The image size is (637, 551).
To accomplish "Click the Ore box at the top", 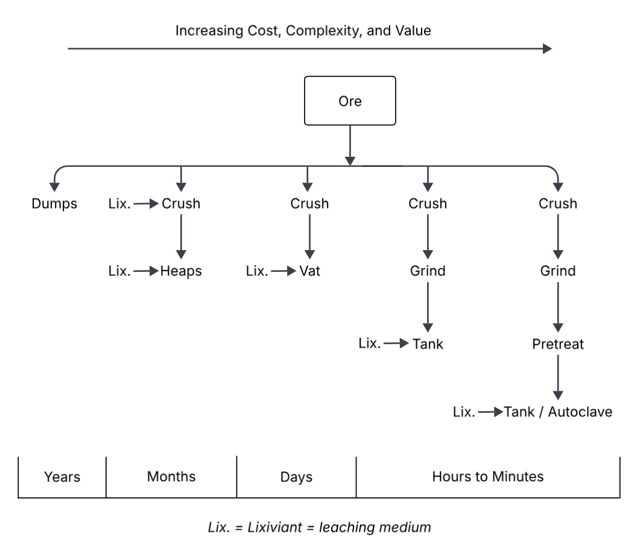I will click(350, 101).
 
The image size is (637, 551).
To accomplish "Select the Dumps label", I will click(54, 204).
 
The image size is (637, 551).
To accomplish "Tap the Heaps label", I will click(181, 271).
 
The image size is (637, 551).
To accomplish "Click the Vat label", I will click(309, 271).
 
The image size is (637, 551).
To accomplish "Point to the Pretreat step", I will click(558, 344).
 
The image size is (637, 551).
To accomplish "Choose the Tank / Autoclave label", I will click(558, 412).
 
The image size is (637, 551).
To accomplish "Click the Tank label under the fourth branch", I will click(428, 344).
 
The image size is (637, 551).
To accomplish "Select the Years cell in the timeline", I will click(62, 477).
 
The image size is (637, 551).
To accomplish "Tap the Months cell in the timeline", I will click(171, 477).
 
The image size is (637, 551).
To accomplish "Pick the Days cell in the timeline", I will click(296, 477).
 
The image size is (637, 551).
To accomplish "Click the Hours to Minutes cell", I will click(487, 477).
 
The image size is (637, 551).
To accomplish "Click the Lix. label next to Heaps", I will click(119, 271).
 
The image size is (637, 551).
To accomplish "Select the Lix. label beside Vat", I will click(257, 271).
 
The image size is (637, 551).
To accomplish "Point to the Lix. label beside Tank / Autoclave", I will click(464, 412).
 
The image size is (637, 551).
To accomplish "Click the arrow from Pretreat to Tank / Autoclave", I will click(558, 377).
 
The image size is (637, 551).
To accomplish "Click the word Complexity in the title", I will click(320, 31).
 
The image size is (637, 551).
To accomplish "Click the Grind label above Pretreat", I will click(558, 271).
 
